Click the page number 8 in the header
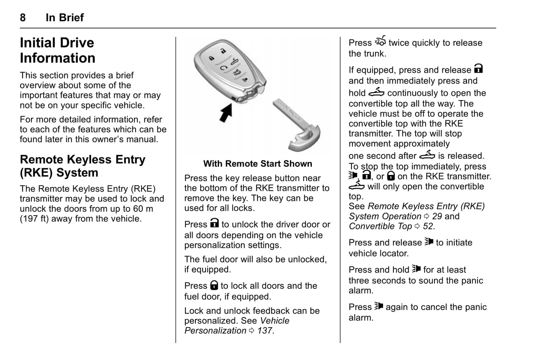23,18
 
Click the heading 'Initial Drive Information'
57,50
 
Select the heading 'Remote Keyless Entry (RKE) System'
82,166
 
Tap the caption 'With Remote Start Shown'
257,164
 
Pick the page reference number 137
264,331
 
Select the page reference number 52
428,226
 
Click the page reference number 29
437,216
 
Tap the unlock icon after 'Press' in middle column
214,223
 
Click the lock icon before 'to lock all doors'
214,285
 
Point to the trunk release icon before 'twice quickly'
380,41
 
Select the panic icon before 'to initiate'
429,242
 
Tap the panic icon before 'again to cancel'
379,306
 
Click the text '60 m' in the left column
143,209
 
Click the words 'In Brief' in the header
65,18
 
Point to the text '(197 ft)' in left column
34,219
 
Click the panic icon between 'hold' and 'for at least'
416,269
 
